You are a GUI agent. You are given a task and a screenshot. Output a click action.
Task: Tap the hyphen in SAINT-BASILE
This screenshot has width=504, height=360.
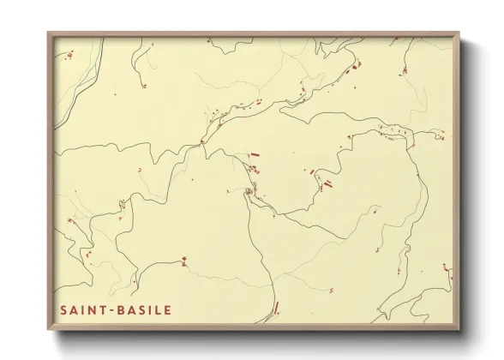coord(110,310)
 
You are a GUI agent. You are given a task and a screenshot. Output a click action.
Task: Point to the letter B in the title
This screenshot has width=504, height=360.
coord(118,310)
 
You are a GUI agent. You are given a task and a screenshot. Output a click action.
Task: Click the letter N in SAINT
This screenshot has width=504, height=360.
coord(93,310)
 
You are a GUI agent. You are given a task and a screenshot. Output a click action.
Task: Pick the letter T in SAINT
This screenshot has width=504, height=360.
coord(102,310)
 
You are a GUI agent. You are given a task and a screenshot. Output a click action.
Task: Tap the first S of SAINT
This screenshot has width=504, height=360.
coord(63,310)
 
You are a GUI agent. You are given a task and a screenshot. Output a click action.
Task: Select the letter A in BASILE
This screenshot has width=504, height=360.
coord(129,310)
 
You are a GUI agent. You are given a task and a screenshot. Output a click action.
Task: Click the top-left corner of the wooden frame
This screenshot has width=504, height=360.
coord(49,33)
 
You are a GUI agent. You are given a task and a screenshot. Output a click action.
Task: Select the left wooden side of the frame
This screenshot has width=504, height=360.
coord(50,180)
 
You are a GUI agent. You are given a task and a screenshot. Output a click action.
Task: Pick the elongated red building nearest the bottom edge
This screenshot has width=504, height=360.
coord(275,308)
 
